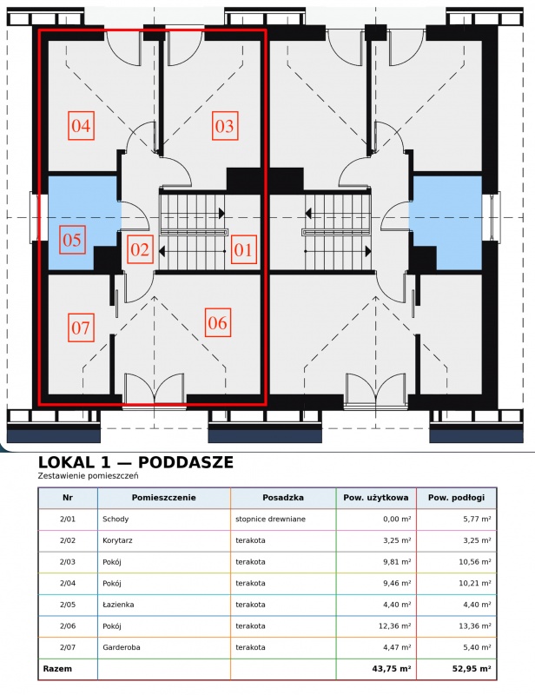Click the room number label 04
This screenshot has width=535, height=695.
coord(81,126)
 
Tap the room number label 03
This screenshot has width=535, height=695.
coord(225,126)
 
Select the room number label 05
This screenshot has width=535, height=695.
coord(72,240)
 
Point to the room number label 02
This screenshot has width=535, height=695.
coord(140,249)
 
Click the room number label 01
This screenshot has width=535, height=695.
coord(243,249)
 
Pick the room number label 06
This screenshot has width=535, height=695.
coord(218,322)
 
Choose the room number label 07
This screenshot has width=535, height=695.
coord(81,328)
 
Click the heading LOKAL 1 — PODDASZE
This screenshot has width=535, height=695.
coord(135,462)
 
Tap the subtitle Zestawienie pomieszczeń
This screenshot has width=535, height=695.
coord(89,476)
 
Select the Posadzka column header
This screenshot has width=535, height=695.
coord(283,497)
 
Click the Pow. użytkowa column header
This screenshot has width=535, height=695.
coord(376,497)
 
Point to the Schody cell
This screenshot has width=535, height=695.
coord(116,519)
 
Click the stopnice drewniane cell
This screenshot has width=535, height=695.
coord(270,519)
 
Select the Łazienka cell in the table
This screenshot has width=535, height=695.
coord(118,604)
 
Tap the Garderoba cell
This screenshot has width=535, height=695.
coord(121,647)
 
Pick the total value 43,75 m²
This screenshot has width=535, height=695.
coord(392,668)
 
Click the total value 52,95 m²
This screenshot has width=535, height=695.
coord(472,668)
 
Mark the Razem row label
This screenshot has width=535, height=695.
coord(57,668)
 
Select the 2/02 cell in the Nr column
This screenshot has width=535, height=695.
coord(68,540)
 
